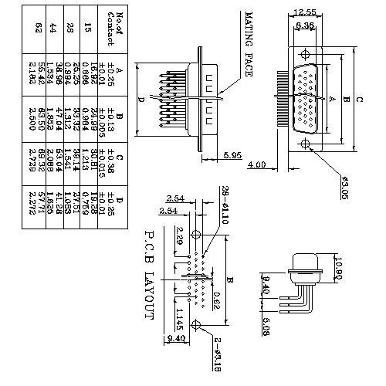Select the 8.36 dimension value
pos(304,25)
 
